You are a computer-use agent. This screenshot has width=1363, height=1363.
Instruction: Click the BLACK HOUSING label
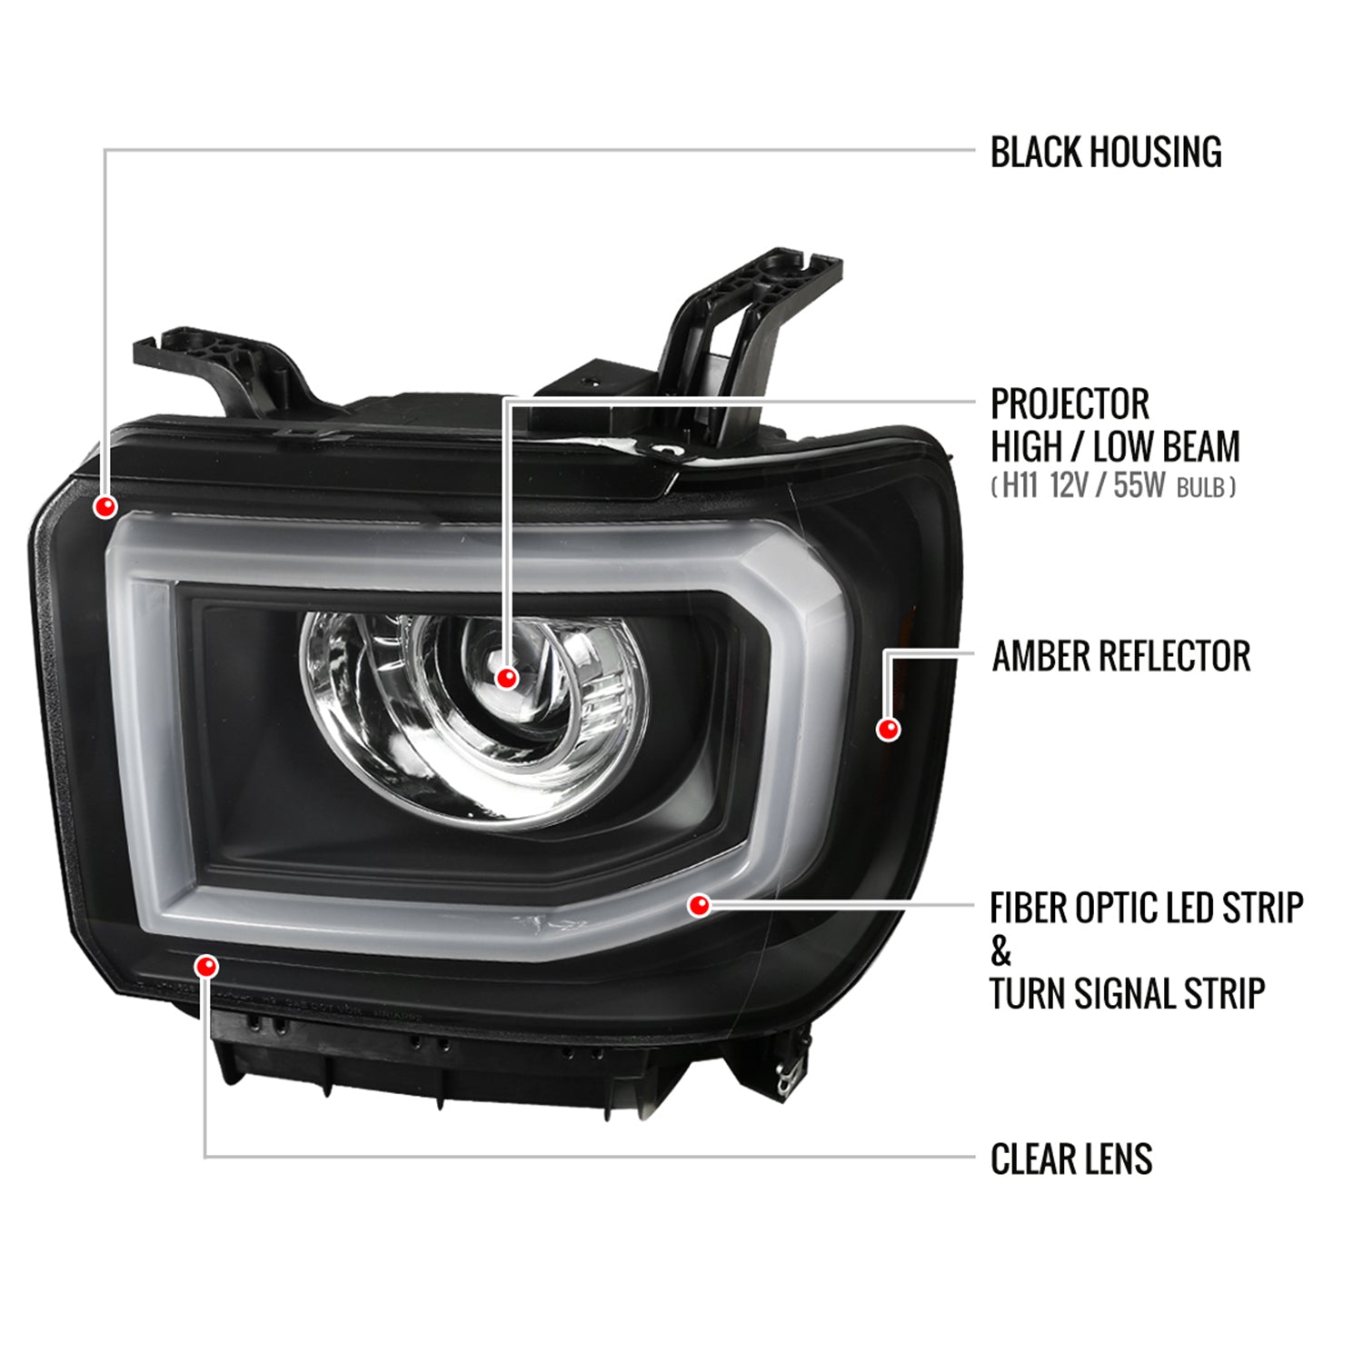1106,152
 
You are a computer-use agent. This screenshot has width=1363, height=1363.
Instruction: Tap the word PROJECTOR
1070,403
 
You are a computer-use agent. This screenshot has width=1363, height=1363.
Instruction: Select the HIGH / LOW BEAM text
1115,446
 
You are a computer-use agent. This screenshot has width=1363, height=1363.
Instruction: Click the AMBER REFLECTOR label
1121,656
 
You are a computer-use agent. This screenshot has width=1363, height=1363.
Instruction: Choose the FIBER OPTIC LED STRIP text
1147,907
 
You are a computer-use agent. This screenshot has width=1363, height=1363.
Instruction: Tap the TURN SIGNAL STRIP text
1127,993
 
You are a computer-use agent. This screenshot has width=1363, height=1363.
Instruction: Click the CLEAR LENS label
1071,1159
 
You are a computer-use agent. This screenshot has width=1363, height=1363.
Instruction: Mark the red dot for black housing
105,506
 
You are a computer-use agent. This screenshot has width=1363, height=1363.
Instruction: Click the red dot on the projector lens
507,677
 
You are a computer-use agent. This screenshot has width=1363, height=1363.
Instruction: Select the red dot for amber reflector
888,729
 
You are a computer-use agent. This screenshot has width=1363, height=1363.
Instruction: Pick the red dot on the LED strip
699,905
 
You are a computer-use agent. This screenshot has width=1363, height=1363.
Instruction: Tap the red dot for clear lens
206,966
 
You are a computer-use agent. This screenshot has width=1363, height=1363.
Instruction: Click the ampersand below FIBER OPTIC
1000,951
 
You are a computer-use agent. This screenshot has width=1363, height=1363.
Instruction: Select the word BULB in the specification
1200,488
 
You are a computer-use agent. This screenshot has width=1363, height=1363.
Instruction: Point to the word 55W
1139,486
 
